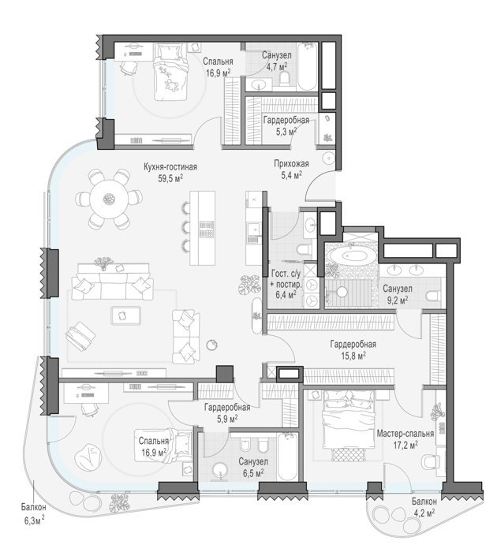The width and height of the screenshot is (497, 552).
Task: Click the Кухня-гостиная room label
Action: (x=170, y=166)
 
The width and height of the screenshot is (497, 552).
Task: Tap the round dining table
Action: (x=109, y=200)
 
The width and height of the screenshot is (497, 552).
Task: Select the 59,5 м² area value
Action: (x=170, y=178)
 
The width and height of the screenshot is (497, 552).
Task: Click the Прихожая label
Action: (x=291, y=163)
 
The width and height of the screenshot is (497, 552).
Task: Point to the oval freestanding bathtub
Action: (x=351, y=255)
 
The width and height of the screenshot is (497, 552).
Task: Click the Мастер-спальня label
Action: (x=405, y=434)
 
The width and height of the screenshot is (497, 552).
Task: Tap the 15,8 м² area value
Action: (x=353, y=356)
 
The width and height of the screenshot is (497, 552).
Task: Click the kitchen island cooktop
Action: (x=207, y=229)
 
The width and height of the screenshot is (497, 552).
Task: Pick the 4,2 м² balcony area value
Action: (x=424, y=513)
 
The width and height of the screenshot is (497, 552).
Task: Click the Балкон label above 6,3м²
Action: (x=33, y=507)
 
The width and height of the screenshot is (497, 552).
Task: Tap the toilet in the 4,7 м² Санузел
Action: (x=284, y=79)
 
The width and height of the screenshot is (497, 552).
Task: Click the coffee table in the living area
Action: (x=125, y=315)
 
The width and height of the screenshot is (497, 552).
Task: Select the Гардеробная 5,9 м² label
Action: (x=227, y=413)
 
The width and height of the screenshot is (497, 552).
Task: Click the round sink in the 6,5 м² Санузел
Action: (x=221, y=470)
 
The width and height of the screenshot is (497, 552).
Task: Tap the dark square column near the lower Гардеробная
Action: (x=224, y=374)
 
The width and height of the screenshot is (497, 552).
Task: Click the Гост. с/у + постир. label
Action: (x=286, y=284)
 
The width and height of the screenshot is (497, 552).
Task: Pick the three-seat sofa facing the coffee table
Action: (x=112, y=287)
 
